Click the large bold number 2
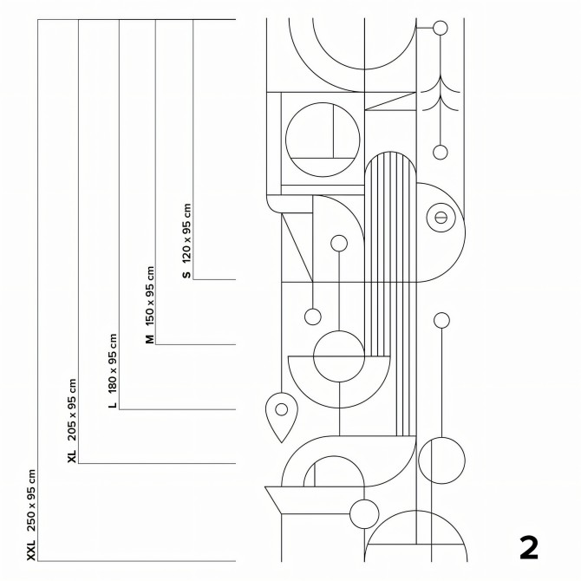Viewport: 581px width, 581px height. click(x=529, y=548)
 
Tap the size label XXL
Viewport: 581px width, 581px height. click(x=31, y=550)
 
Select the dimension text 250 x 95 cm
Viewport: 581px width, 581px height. click(x=31, y=500)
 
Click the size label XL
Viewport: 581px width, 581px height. click(x=72, y=456)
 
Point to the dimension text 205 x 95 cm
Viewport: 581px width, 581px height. click(x=72, y=410)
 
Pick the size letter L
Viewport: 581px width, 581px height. click(x=113, y=405)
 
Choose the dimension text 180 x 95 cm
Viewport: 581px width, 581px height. click(x=113, y=363)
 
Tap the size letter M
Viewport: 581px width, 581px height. click(x=149, y=339)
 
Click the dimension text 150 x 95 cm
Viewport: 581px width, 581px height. click(x=149, y=296)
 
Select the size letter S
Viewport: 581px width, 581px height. click(x=186, y=275)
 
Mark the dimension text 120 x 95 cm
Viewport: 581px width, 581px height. click(x=186, y=233)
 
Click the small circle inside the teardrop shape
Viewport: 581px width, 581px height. click(x=282, y=409)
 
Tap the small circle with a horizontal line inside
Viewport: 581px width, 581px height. click(x=441, y=218)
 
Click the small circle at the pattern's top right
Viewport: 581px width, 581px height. click(x=441, y=28)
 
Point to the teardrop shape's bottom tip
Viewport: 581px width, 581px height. click(x=282, y=442)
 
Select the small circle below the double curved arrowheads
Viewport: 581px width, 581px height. click(x=441, y=153)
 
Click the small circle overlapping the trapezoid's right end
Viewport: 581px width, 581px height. click(x=364, y=514)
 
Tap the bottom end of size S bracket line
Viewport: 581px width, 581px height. click(x=193, y=279)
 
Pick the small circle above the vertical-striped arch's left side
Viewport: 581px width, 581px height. click(x=339, y=244)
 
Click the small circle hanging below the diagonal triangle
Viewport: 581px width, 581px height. click(x=313, y=317)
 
